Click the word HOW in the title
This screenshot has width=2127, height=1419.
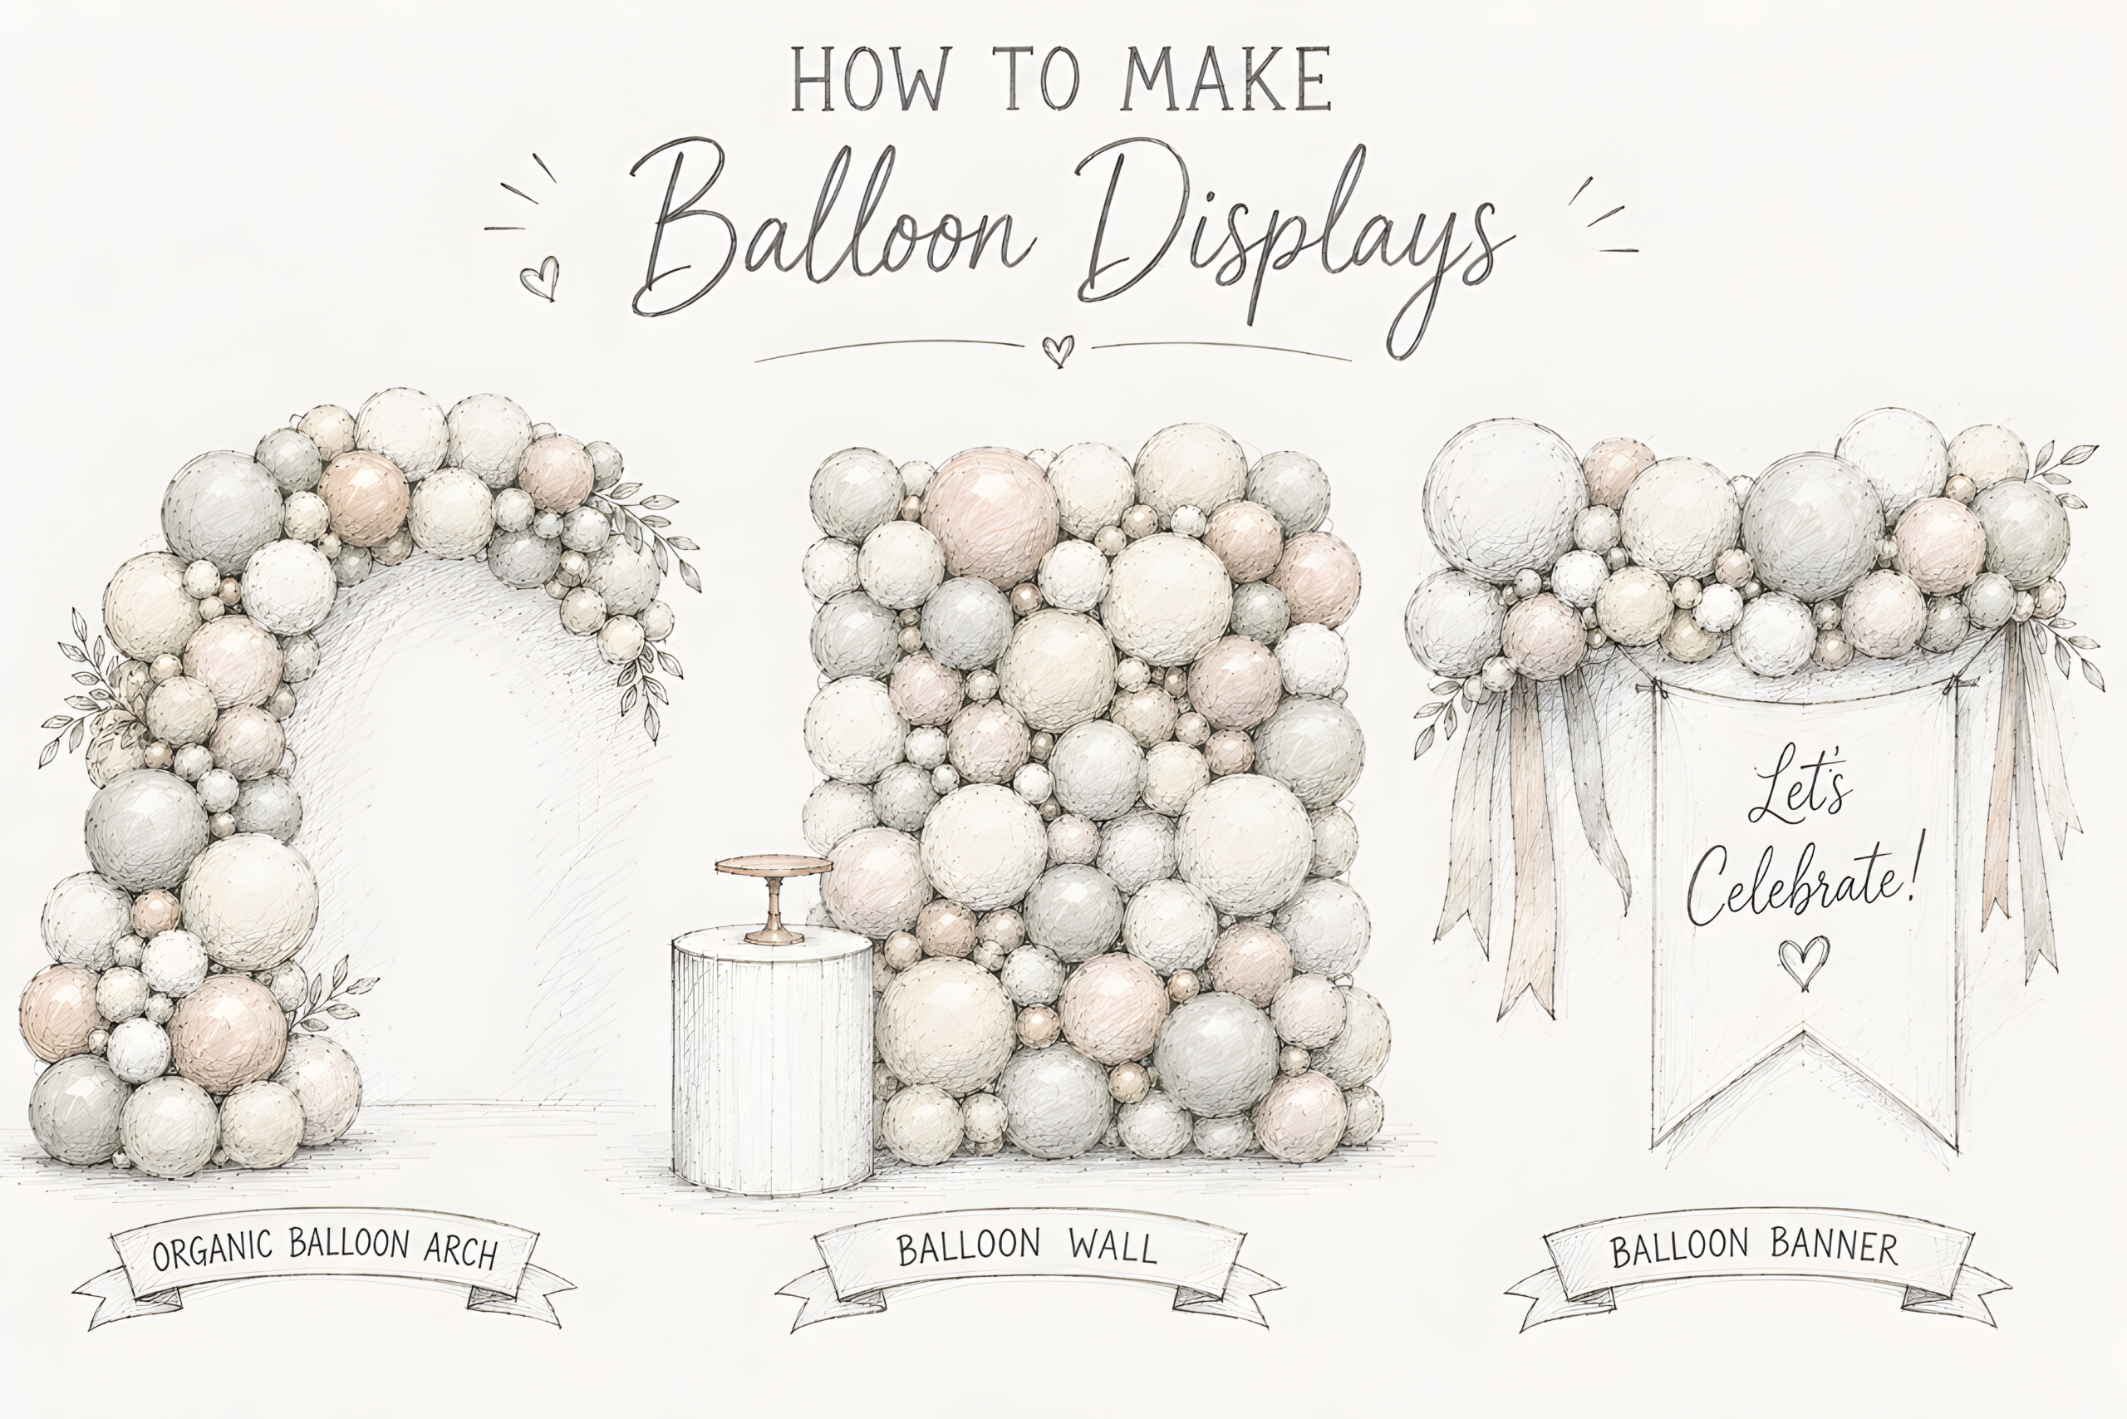tap(870, 79)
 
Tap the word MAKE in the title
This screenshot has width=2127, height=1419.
tap(1226, 79)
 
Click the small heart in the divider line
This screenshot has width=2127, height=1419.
tap(1057, 349)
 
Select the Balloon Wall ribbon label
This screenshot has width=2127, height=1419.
tap(1027, 1267)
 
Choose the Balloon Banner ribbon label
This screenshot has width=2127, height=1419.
tap(1756, 1267)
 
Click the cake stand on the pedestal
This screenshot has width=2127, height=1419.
tap(773, 896)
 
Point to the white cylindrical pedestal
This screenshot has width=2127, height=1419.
tap(772, 1058)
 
